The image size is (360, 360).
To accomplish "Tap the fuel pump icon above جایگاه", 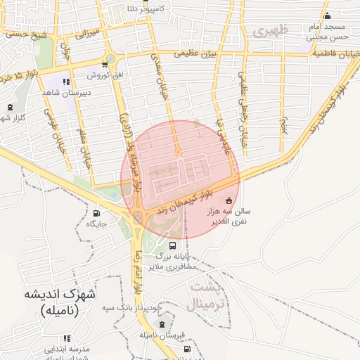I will (x=96, y=213).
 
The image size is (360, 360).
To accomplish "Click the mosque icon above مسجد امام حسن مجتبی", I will (x=326, y=17).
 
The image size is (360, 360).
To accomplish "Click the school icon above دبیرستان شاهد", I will (x=67, y=82).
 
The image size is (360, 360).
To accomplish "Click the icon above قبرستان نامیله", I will (x=163, y=324).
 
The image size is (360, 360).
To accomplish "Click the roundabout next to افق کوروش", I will (x=110, y=58).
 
